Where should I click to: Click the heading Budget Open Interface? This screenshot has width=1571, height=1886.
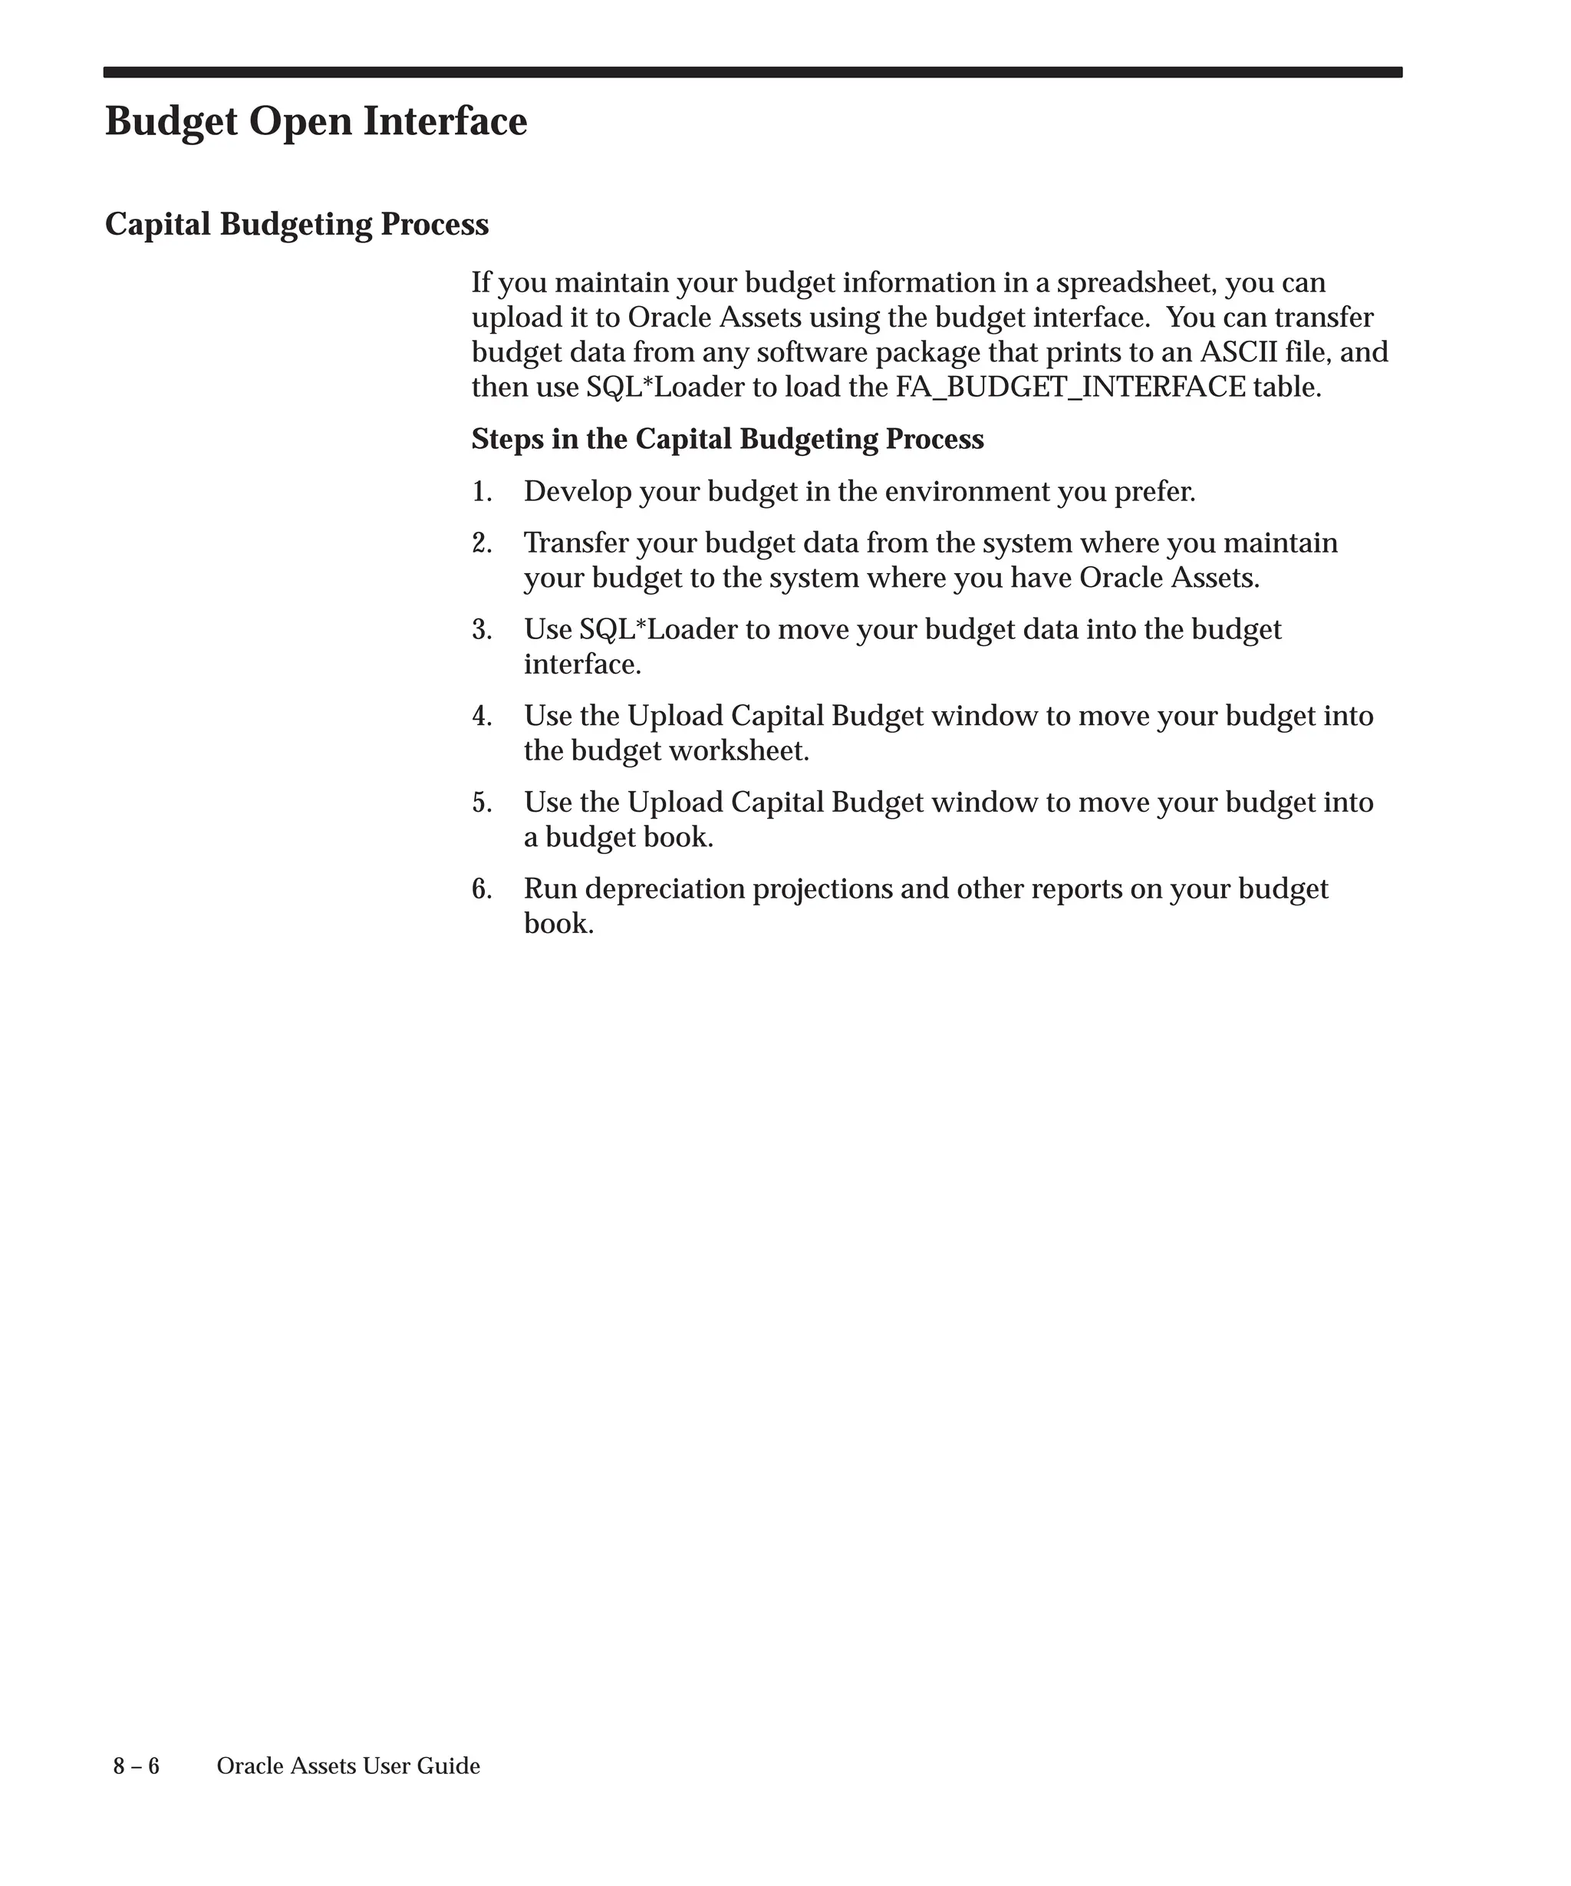(316, 121)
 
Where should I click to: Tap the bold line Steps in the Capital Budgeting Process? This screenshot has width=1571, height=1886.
(727, 439)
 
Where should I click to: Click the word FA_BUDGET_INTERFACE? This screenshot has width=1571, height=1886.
(1071, 387)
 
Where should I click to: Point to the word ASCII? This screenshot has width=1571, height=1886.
(1238, 352)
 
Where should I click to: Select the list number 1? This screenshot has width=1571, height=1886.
(481, 492)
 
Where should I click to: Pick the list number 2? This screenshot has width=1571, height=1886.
(481, 543)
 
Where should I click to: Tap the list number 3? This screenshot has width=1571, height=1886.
(481, 630)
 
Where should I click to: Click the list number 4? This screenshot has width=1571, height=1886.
(481, 717)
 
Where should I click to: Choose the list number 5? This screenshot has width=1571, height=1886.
(481, 803)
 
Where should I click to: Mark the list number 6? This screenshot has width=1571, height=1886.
(481, 889)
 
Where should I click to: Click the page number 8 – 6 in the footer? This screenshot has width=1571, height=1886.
(137, 1766)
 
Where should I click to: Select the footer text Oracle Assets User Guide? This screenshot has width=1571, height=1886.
(348, 1766)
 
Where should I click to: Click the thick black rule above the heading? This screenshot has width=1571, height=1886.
(753, 72)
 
